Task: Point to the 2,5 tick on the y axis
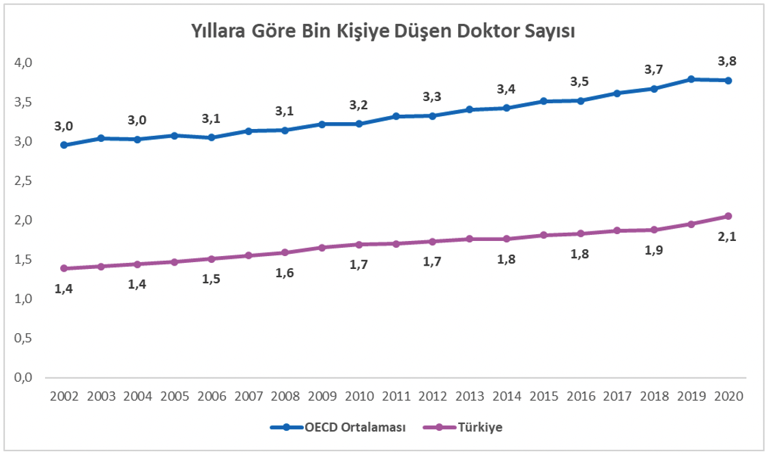tap(24, 181)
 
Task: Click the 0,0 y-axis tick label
tap(24, 378)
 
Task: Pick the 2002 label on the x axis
tap(63, 396)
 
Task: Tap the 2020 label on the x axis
tap(728, 396)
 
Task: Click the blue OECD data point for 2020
tap(728, 81)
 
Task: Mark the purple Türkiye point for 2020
tap(728, 216)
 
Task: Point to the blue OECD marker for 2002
tap(63, 145)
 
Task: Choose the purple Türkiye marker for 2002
tap(63, 268)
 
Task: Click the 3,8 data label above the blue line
tap(728, 61)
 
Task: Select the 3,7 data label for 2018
tap(654, 69)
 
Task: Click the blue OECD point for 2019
tap(692, 79)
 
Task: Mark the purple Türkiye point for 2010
tap(359, 244)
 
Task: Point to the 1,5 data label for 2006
tap(211, 279)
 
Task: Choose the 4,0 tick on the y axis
tap(24, 63)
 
